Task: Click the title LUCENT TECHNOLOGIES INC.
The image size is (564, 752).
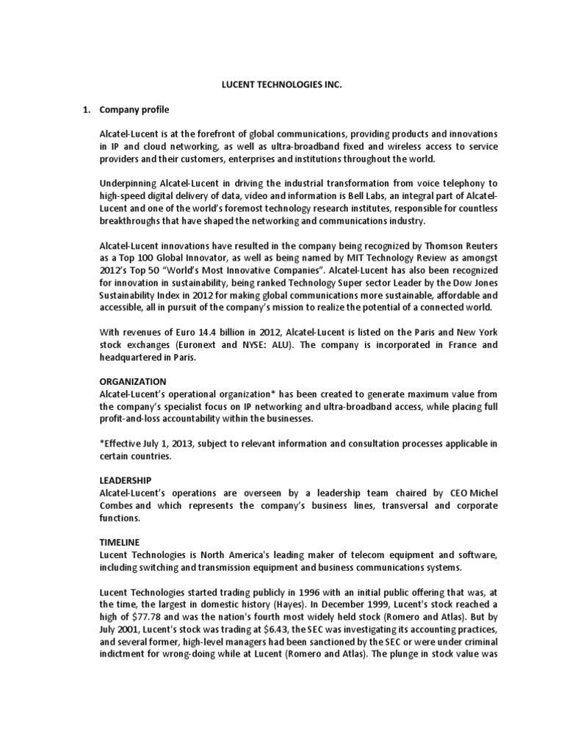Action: [282, 84]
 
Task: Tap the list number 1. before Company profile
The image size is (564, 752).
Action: [85, 109]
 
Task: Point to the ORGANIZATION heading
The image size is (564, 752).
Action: [133, 381]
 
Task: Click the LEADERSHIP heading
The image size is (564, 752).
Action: [126, 480]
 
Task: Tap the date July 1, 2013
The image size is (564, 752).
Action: [170, 443]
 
